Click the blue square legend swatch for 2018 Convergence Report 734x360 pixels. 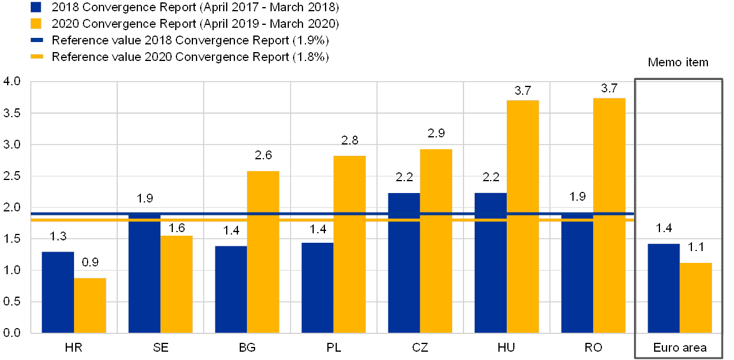36,7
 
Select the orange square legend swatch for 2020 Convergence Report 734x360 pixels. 36,24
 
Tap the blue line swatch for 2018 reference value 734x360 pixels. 36,40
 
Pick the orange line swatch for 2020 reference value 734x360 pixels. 36,57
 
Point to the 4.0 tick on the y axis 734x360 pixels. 12,81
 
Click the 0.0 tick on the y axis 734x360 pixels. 12,333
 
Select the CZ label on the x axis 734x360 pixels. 420,348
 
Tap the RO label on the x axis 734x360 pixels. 593,348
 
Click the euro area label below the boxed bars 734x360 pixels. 679,348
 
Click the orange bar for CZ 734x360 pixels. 436,240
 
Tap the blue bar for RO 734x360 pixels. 577,272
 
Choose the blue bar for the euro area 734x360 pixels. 664,288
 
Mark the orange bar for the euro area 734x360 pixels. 696,297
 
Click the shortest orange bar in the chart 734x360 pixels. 90,305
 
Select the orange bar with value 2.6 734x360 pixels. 263,252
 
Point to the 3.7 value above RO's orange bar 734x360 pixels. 609,89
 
